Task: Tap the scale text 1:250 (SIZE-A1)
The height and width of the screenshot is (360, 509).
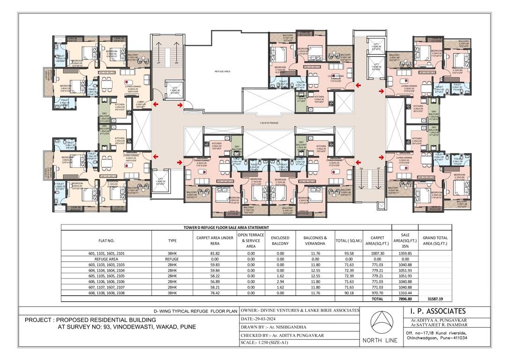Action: coord(269,343)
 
